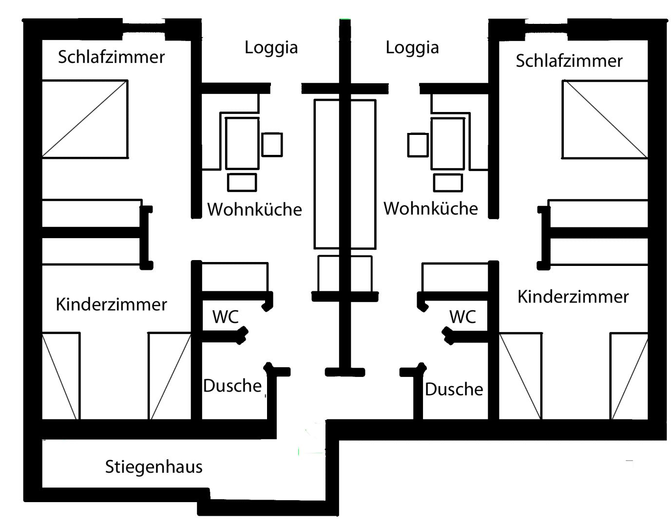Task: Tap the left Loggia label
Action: (x=271, y=48)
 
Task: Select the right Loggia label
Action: (x=412, y=48)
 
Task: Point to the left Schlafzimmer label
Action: (x=111, y=57)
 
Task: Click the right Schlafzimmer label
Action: (x=569, y=60)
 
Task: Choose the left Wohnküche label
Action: (x=254, y=209)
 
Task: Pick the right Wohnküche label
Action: (x=431, y=208)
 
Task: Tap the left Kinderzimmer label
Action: (x=111, y=304)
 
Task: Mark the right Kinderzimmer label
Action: (x=573, y=297)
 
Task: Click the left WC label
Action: (x=226, y=317)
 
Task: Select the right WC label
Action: (x=462, y=317)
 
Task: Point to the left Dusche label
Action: (x=232, y=386)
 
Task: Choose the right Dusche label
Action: (x=454, y=389)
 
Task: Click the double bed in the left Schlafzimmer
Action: (x=85, y=119)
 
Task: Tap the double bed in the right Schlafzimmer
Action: (x=605, y=119)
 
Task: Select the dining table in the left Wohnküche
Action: (x=242, y=144)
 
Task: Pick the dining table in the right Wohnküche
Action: (x=448, y=144)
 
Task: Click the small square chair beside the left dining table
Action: (x=272, y=145)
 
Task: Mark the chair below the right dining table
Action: (x=448, y=183)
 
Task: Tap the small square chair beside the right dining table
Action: (x=418, y=145)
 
